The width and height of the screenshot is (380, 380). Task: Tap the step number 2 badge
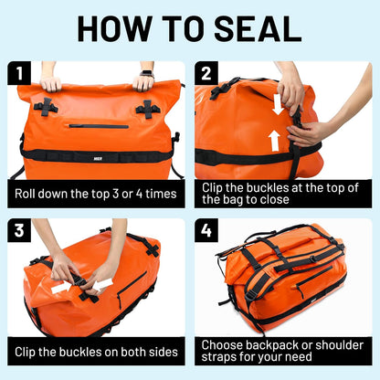pos(207,72)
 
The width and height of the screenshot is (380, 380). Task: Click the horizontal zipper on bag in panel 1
pos(98,126)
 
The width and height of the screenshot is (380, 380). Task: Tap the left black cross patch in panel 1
pos(47,107)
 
